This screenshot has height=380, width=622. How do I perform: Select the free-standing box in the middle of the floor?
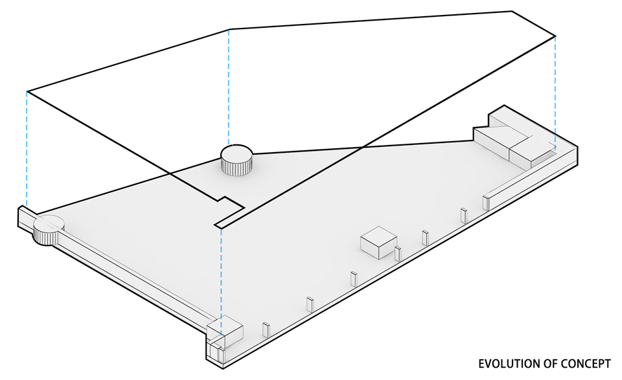click(378, 243)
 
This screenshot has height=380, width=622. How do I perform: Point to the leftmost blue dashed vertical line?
click(27, 149)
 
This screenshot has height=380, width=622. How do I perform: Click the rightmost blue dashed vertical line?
click(555, 91)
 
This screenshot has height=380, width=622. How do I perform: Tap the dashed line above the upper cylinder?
click(229, 87)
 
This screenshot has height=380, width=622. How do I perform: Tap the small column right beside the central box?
click(398, 253)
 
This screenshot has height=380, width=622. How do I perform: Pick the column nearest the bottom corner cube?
click(266, 329)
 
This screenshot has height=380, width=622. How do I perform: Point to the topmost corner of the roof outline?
click(512, 11)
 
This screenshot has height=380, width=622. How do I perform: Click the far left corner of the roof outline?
click(27, 91)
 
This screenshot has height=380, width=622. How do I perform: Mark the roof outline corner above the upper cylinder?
click(229, 29)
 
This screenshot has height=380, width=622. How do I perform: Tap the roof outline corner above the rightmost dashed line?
click(555, 36)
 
